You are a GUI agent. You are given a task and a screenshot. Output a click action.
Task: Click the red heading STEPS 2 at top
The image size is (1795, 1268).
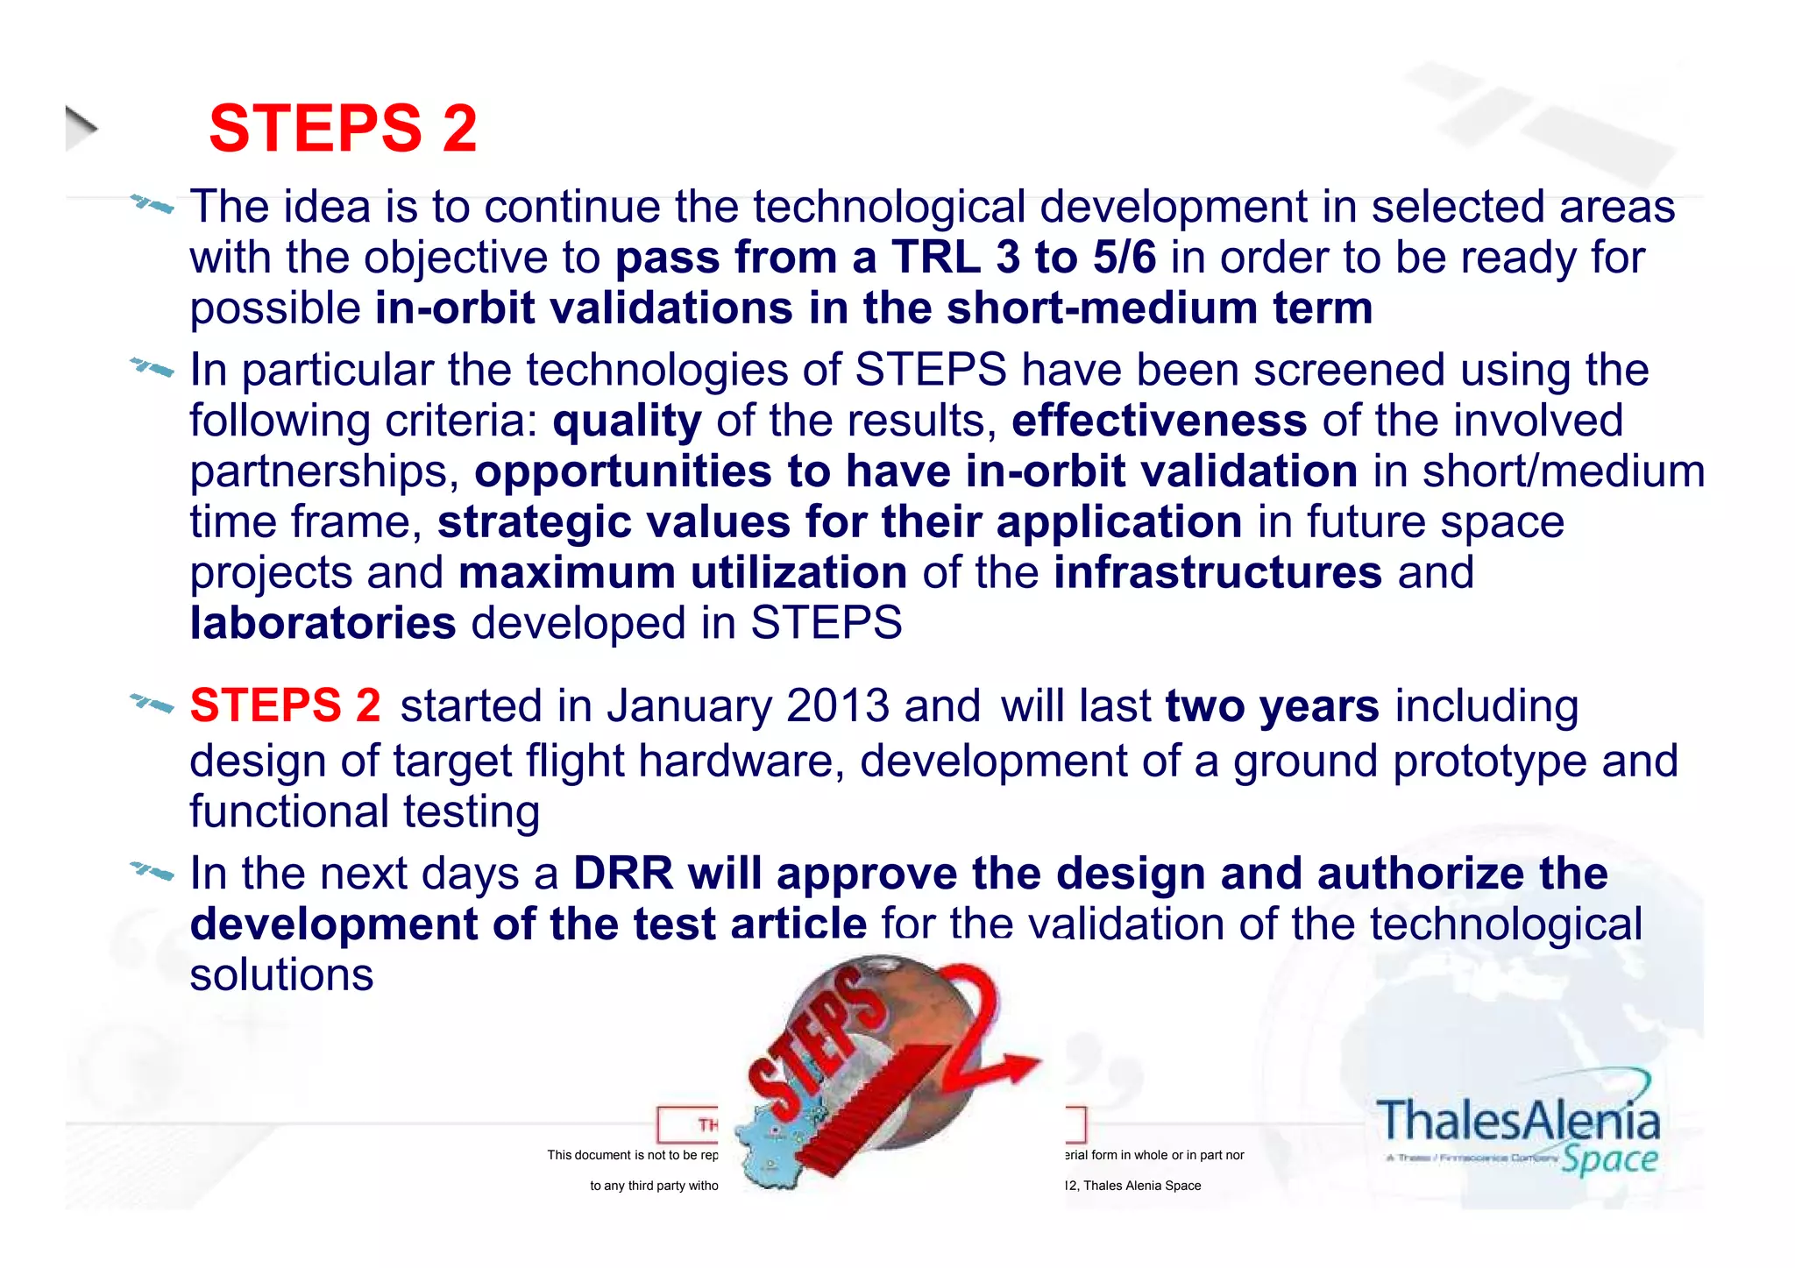pos(343,129)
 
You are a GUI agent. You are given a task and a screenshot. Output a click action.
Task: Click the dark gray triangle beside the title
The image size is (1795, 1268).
pos(81,128)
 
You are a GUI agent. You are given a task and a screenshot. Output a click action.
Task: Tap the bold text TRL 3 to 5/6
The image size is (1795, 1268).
pos(1024,258)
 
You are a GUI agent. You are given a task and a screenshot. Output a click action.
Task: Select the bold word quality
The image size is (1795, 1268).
pos(627,421)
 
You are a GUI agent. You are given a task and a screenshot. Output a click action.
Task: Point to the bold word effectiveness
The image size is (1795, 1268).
pos(1159,421)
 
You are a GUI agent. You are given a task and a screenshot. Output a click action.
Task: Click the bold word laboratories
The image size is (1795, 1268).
pos(323,623)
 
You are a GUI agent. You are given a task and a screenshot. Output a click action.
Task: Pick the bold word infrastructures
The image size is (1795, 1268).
pos(1217,573)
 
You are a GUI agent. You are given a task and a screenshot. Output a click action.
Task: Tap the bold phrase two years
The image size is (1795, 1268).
pos(1272,706)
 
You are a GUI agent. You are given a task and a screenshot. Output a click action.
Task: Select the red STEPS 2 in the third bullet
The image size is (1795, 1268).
pos(285,706)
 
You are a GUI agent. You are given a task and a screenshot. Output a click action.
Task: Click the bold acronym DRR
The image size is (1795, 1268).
pos(622,874)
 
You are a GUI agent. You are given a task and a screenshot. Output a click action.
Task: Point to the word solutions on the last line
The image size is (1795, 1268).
pos(281,975)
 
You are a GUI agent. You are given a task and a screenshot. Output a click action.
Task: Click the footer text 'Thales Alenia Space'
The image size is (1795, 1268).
pos(1142,1186)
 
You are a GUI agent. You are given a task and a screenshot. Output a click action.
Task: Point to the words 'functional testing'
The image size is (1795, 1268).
pos(364,811)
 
